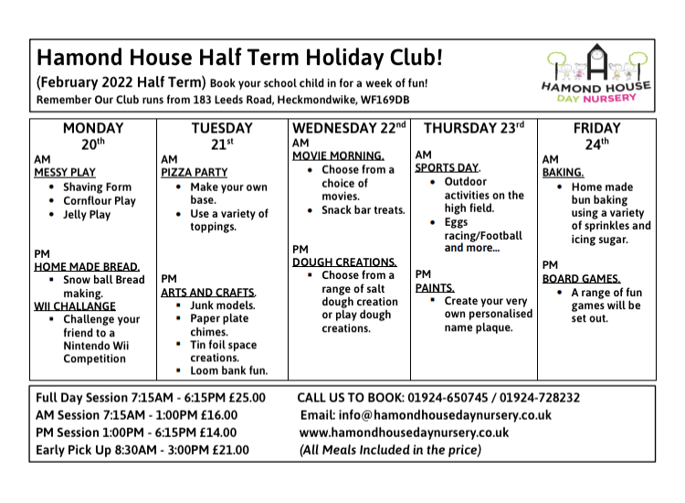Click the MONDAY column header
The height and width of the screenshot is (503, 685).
[x=93, y=129]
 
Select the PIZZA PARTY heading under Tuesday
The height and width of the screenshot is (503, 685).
[x=194, y=172]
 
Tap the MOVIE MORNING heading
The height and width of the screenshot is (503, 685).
[x=338, y=155]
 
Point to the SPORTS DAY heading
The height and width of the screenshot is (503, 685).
[x=448, y=167]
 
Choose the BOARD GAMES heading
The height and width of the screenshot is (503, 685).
[x=582, y=278]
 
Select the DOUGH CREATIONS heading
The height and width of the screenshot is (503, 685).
[x=344, y=262]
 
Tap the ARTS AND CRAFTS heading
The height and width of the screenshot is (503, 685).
[x=208, y=293]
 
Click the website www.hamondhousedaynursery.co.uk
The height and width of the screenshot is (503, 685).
[x=404, y=432]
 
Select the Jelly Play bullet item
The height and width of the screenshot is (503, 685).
[x=87, y=215]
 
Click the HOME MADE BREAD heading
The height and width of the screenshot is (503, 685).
[x=86, y=266]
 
